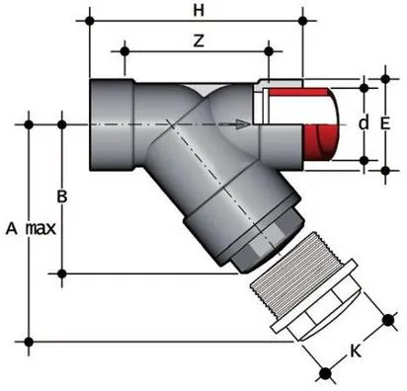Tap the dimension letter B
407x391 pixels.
click(x=62, y=196)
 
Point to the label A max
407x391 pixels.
click(x=29, y=228)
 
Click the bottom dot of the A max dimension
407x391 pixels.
click(x=29, y=342)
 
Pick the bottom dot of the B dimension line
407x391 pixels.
click(x=62, y=273)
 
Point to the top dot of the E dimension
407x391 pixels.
click(x=384, y=74)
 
